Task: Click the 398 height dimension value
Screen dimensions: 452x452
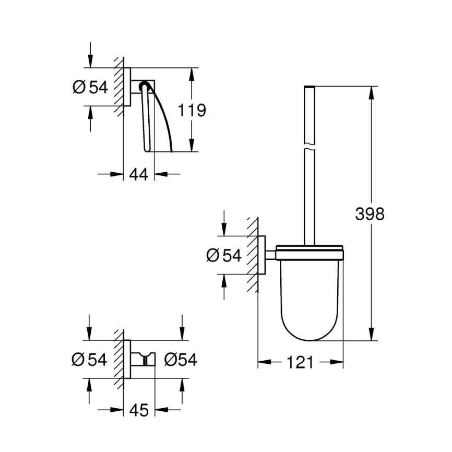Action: pyautogui.click(x=370, y=213)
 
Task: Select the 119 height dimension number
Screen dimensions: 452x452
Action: pyautogui.click(x=192, y=110)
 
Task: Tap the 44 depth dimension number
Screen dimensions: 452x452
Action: pyautogui.click(x=139, y=174)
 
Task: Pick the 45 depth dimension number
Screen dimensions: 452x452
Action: pyautogui.click(x=139, y=411)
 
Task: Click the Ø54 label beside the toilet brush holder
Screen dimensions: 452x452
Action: pyautogui.click(x=224, y=256)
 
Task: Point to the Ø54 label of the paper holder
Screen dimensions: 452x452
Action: pyautogui.click(x=90, y=87)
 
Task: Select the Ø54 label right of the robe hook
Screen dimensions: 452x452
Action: pyautogui.click(x=180, y=360)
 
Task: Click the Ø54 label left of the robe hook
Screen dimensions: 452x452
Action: pyautogui.click(x=90, y=360)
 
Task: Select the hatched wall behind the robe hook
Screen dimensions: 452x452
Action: pyautogui.click(x=120, y=360)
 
